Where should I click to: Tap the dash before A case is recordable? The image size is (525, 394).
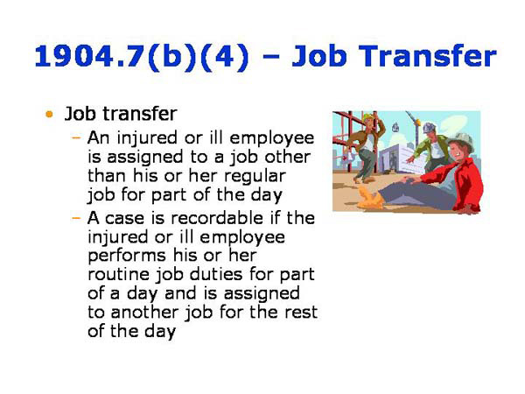77,217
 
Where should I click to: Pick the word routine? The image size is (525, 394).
122,275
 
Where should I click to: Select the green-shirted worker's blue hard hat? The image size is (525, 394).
429,127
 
